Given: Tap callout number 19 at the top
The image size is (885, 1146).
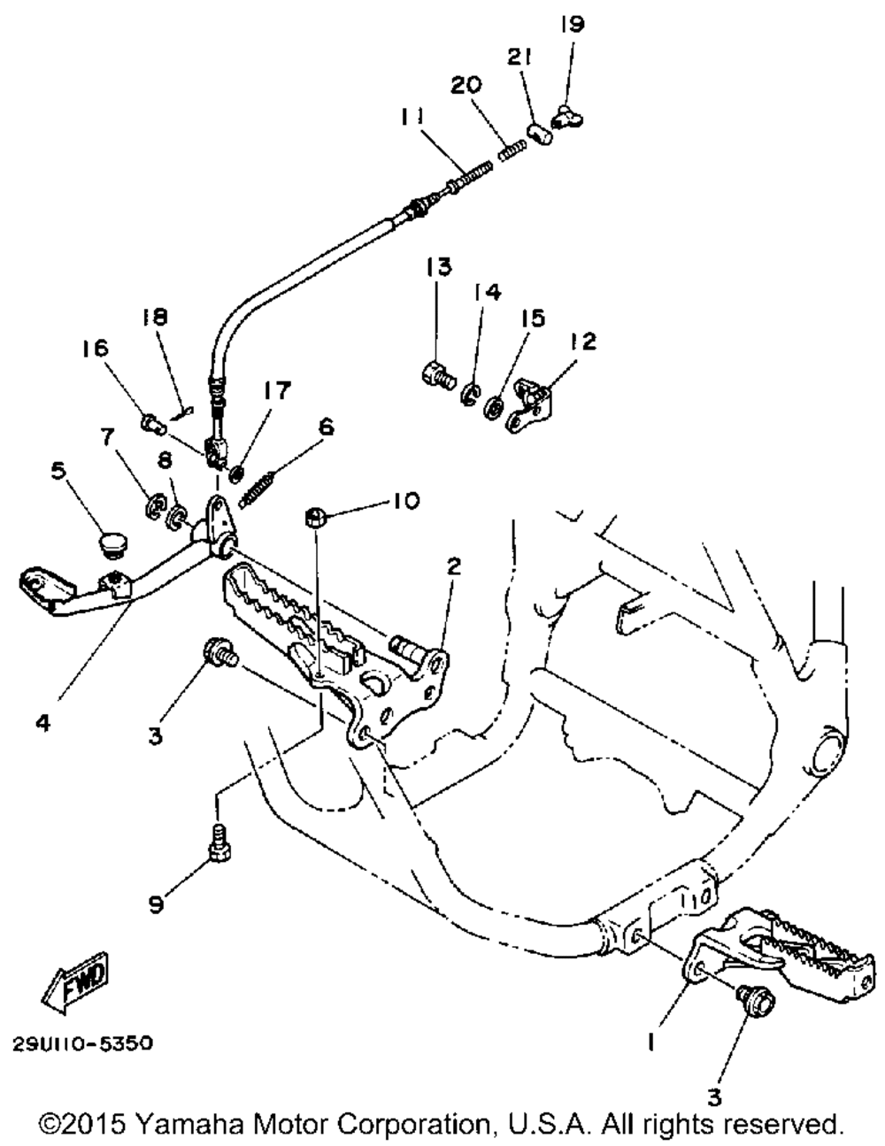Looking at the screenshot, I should tap(572, 24).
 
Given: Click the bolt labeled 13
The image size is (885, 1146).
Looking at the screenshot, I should tap(434, 374).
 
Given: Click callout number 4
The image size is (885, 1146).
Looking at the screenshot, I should tap(44, 721).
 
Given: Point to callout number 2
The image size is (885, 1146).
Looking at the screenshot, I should tap(453, 565).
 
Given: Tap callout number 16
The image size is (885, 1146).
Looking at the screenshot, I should tap(96, 348).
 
